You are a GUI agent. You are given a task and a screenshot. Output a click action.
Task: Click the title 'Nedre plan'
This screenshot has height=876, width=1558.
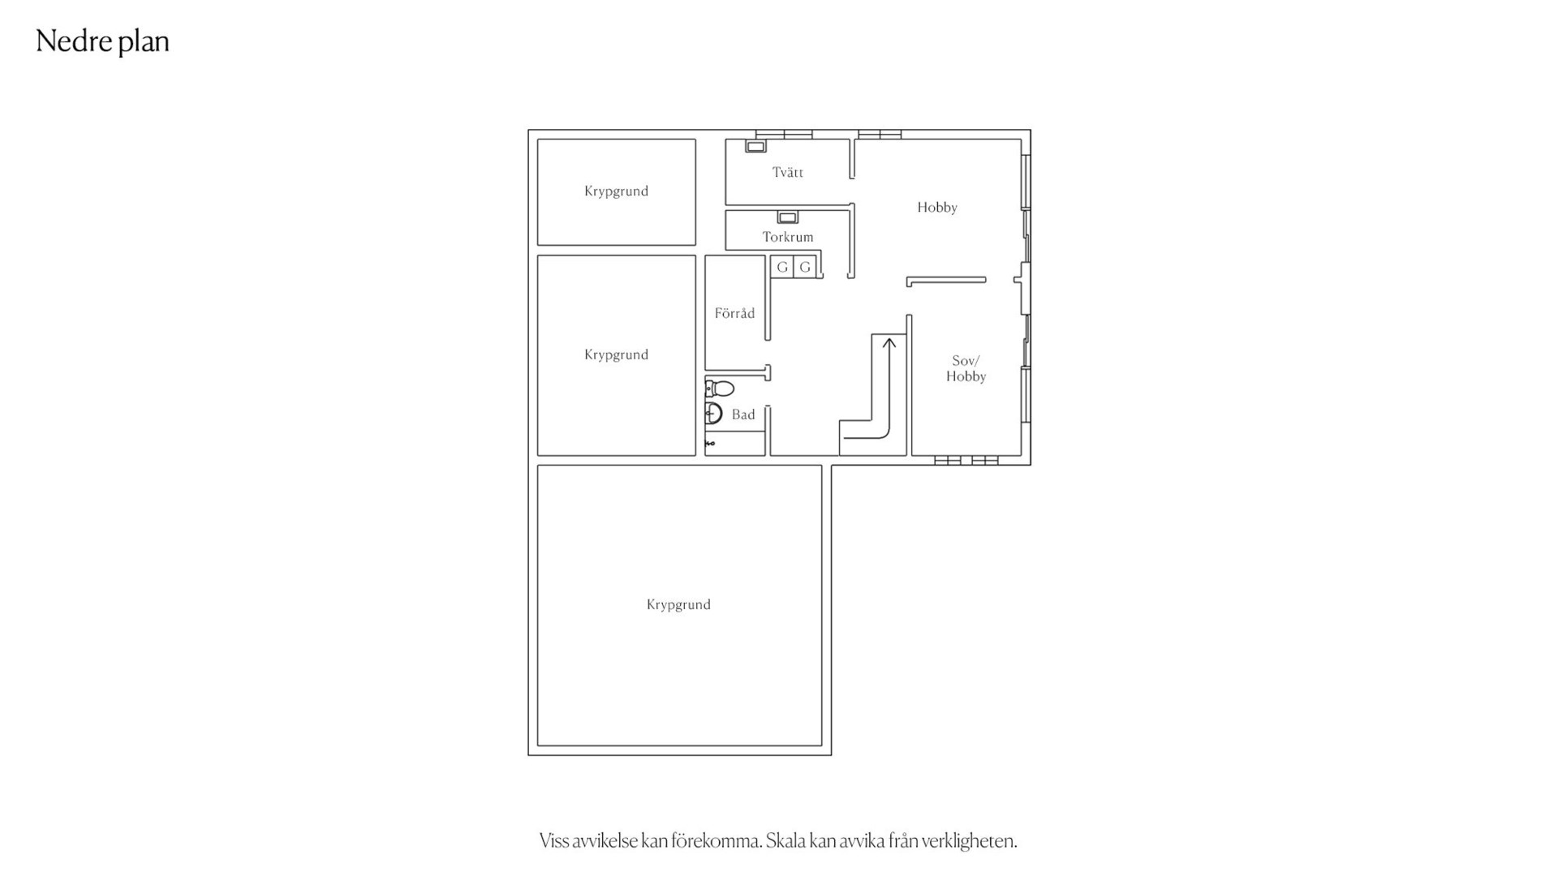102,41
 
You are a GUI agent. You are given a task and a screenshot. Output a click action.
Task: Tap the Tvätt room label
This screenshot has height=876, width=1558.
788,172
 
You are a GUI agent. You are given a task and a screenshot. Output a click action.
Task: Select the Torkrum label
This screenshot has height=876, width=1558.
787,237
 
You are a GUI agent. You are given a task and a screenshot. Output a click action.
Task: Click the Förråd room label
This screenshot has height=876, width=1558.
734,313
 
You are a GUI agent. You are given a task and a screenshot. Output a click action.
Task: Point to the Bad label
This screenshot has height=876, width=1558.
743,414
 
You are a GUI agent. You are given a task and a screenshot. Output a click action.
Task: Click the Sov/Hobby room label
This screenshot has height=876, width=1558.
966,368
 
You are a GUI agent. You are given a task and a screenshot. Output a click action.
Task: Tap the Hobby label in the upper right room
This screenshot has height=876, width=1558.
937,208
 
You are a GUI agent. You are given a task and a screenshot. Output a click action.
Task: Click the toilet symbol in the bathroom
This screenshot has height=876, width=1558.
719,389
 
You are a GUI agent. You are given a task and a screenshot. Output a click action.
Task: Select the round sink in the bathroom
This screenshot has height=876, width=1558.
713,414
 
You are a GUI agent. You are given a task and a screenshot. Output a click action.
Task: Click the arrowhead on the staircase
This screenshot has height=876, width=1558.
889,343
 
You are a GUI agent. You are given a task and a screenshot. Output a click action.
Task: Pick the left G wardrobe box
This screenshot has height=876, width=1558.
782,267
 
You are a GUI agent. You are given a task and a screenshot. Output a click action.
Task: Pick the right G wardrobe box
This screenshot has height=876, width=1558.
805,267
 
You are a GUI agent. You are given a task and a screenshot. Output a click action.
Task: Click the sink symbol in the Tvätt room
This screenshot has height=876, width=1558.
755,147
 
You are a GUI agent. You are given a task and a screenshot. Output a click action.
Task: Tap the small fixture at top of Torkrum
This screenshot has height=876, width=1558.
788,217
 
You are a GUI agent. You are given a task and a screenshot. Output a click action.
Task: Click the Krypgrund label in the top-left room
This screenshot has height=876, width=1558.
616,191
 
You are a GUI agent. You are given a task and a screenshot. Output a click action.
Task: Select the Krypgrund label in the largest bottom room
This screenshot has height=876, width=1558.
678,604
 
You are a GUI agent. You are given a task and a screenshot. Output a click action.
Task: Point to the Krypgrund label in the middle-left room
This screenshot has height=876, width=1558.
616,354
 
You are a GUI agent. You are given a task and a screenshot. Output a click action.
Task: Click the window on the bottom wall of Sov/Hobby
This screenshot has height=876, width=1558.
966,460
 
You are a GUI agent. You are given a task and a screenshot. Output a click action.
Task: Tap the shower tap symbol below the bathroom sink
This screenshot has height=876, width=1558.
710,444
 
